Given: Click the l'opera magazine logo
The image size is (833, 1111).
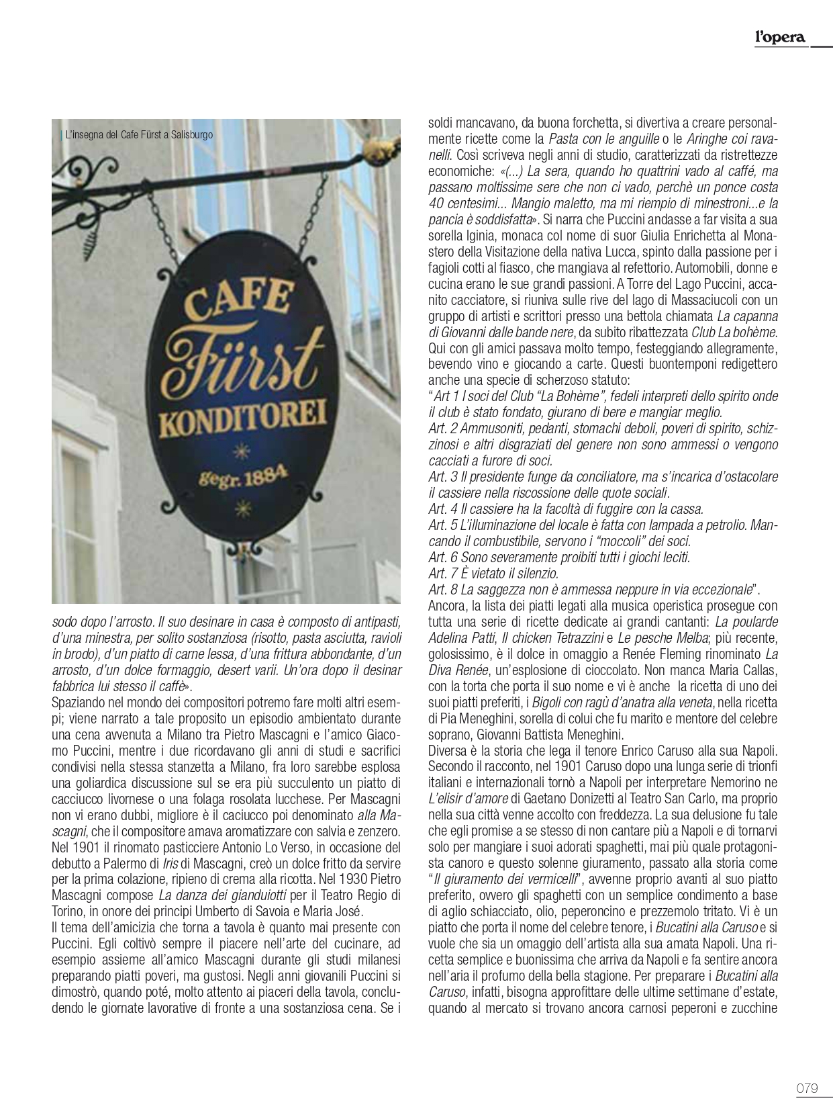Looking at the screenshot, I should pos(779,38).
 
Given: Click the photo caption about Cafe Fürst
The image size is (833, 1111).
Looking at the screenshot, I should pos(139,135).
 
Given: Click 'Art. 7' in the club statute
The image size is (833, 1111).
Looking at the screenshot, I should pos(443,573).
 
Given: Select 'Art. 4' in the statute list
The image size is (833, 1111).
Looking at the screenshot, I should pos(443,508).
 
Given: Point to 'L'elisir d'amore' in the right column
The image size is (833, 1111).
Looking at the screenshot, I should pos(469,799).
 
